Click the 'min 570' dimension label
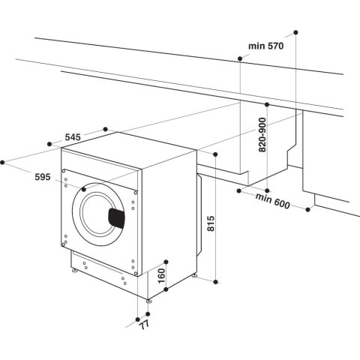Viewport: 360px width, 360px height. point(265,46)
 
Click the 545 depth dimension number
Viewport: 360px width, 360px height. point(72,137)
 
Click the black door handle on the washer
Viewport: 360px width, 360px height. point(117,217)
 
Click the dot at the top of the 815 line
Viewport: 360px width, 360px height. point(216,154)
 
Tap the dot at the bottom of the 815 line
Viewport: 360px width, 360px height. point(216,281)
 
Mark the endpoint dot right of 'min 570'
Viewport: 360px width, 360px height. point(295,32)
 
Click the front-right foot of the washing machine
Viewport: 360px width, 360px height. point(148,301)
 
